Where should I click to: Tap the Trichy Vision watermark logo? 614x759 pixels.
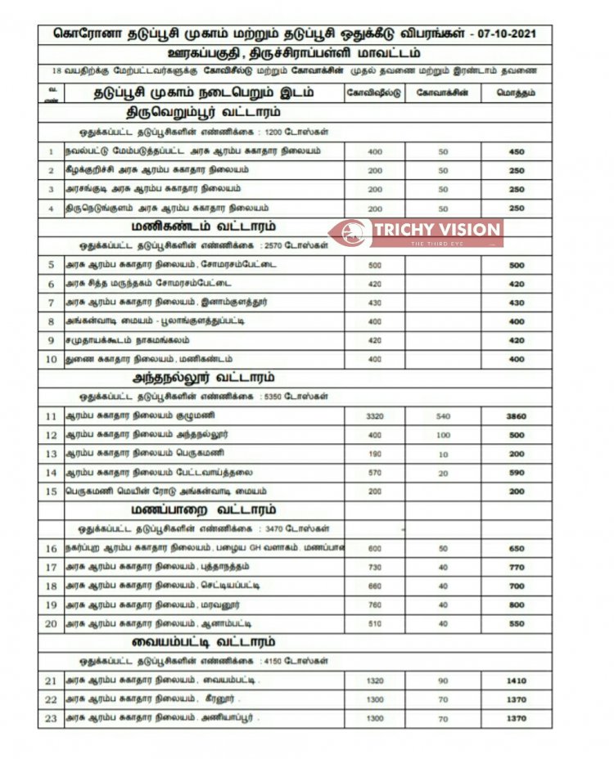point(417,231)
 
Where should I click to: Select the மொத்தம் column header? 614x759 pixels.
point(516,93)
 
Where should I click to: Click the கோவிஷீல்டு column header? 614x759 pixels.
point(374,93)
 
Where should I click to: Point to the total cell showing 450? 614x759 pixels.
point(516,151)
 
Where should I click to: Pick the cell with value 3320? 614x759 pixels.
point(374,416)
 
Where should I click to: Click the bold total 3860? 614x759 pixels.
point(516,416)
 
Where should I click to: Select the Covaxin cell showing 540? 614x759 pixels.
point(443,416)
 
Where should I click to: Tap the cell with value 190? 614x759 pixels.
point(374,453)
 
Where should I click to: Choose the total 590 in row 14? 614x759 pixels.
point(516,473)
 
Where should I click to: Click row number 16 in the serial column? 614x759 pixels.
point(51,548)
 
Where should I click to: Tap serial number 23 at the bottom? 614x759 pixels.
point(51,718)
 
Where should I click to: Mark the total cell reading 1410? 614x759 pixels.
point(516,680)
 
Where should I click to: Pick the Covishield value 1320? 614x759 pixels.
point(374,680)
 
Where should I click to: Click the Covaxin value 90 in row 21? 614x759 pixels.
point(443,680)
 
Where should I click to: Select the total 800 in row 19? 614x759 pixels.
point(516,605)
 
